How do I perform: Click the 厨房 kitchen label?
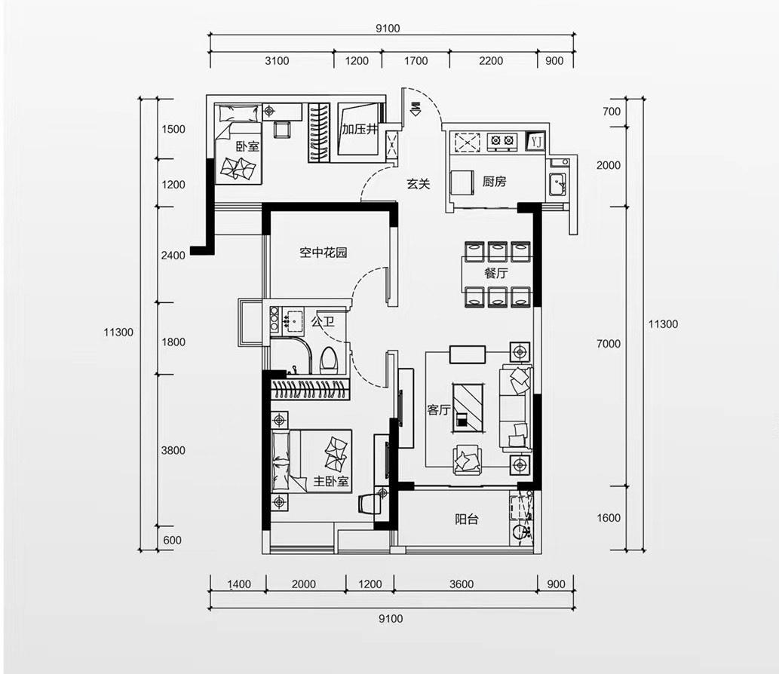tap(494, 181)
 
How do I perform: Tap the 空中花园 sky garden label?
tap(324, 253)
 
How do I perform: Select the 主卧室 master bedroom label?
tap(331, 481)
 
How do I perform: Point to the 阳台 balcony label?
tap(467, 519)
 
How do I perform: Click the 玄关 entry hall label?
tap(419, 184)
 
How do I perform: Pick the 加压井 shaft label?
tap(360, 129)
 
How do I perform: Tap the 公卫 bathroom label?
tap(323, 321)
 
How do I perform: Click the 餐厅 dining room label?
tap(495, 273)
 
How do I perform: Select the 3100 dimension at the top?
tap(277, 60)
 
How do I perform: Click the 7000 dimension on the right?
tap(609, 344)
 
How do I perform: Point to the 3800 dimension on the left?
tap(173, 451)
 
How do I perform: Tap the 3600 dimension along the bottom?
tap(462, 584)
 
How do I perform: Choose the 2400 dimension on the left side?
tap(173, 256)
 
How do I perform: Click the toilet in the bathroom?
tap(328, 360)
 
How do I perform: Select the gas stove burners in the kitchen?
tap(502, 141)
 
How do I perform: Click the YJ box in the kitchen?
tap(535, 142)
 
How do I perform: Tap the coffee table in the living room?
tap(468, 407)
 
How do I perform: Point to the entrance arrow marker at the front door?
tap(416, 109)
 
